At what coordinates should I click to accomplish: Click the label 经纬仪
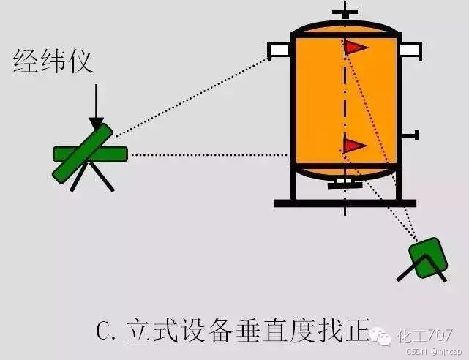point(53,61)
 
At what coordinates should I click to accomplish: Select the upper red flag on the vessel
point(356,48)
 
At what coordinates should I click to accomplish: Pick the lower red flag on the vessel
point(354,146)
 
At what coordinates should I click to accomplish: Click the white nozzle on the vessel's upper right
point(410,50)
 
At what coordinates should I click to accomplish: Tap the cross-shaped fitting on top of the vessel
point(345,14)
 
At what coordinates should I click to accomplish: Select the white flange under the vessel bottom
point(345,184)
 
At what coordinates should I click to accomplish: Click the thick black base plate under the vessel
point(345,203)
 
